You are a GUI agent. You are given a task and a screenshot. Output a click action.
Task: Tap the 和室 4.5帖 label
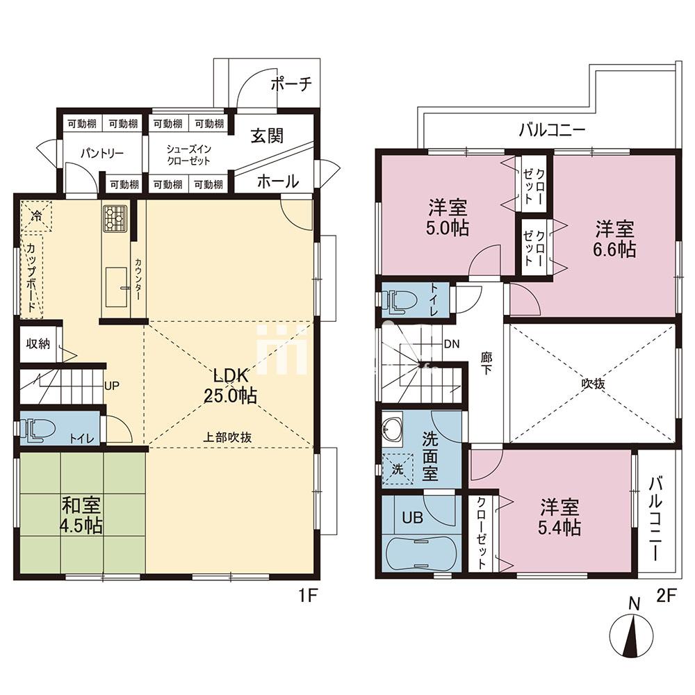pos(81,515)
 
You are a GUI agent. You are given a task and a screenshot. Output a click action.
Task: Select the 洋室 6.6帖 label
pos(614,239)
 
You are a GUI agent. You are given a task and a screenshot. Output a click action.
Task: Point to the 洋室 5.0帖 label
pos(447,217)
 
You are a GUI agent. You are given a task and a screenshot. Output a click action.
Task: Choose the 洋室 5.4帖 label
pos(559,518)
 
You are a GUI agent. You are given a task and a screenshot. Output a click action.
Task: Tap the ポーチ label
pos(291,83)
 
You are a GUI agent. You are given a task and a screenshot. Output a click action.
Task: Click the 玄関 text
pos(267,136)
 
